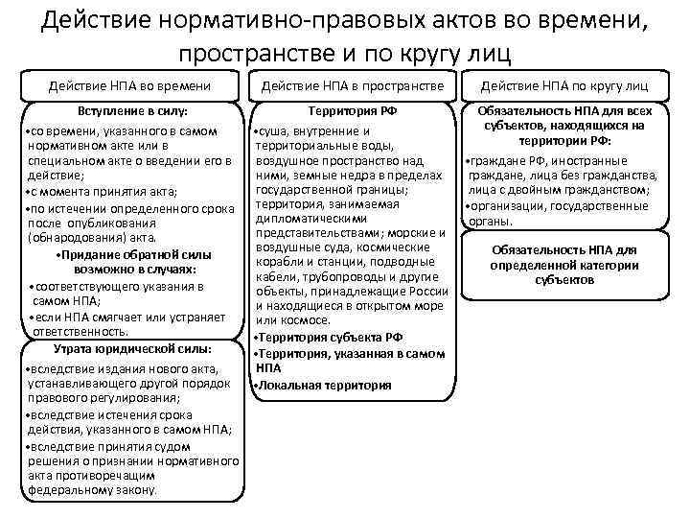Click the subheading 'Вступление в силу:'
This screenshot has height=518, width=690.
pos(133,111)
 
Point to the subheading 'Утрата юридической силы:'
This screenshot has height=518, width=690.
pos(133,347)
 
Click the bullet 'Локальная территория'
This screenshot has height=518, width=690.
pos(323,385)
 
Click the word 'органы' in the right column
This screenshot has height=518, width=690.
pos(489,221)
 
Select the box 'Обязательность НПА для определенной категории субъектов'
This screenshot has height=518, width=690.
pos(564,264)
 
